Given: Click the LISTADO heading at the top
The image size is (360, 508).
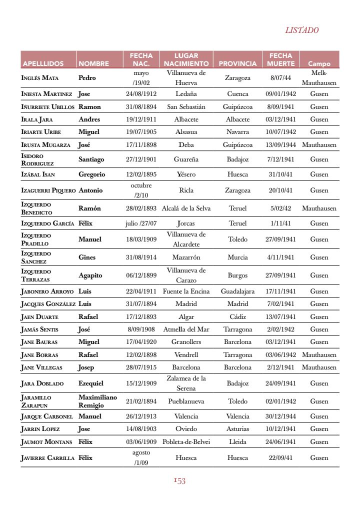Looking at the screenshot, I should [301, 30].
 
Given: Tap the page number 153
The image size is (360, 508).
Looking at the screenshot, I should [180, 481].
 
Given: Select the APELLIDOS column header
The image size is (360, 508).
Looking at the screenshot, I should [43, 64].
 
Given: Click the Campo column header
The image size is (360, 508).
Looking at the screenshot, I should [319, 64].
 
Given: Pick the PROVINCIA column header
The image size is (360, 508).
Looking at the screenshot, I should [237, 64].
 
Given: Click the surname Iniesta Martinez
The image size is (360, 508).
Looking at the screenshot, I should [47, 94].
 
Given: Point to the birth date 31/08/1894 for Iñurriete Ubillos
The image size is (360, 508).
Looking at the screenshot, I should [141, 106].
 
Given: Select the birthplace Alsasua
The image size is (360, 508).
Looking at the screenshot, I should [186, 132].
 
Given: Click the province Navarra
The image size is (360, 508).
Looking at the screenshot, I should [237, 132].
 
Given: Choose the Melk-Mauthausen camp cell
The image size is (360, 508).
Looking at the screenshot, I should [319, 78].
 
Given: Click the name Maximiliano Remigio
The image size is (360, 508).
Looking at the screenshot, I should [97, 401].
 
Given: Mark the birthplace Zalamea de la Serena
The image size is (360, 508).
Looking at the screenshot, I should [186, 383].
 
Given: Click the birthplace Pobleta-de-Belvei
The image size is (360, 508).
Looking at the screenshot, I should [186, 442].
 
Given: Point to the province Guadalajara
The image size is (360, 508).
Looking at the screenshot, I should [237, 291].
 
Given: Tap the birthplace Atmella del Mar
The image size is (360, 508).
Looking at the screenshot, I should [186, 329].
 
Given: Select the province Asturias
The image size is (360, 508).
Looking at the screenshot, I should [237, 429].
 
